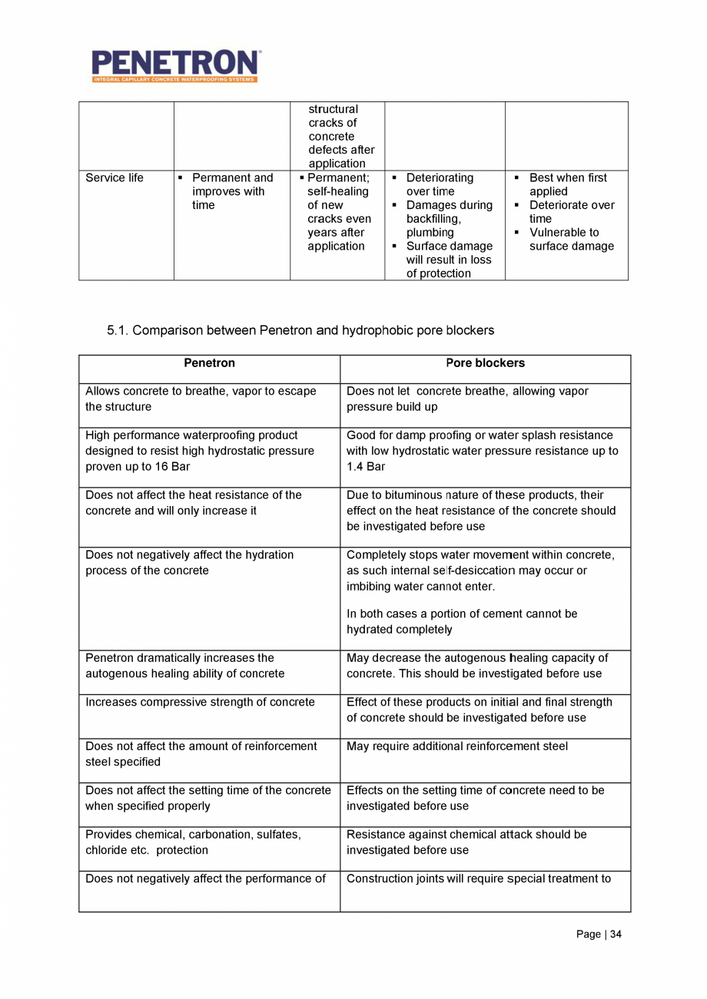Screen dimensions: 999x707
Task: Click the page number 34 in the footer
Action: pyautogui.click(x=616, y=934)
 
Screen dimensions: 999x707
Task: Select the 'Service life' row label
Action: pyautogui.click(x=115, y=178)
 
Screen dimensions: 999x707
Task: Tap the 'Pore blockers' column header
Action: pyautogui.click(x=485, y=363)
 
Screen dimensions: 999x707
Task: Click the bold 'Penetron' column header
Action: pyautogui.click(x=209, y=363)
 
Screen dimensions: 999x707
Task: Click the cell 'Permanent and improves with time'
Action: pyautogui.click(x=231, y=191)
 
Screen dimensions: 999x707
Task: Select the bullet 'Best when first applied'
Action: pyautogui.click(x=567, y=184)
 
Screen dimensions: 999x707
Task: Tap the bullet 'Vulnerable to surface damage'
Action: pyautogui.click(x=571, y=239)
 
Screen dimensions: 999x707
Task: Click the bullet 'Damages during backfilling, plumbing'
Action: pyautogui.click(x=448, y=219)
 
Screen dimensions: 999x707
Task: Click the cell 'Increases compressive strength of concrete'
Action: pyautogui.click(x=200, y=702)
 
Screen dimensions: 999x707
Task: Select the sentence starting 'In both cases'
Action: pyautogui.click(x=462, y=621)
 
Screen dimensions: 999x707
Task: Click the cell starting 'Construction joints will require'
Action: pyautogui.click(x=479, y=878)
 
